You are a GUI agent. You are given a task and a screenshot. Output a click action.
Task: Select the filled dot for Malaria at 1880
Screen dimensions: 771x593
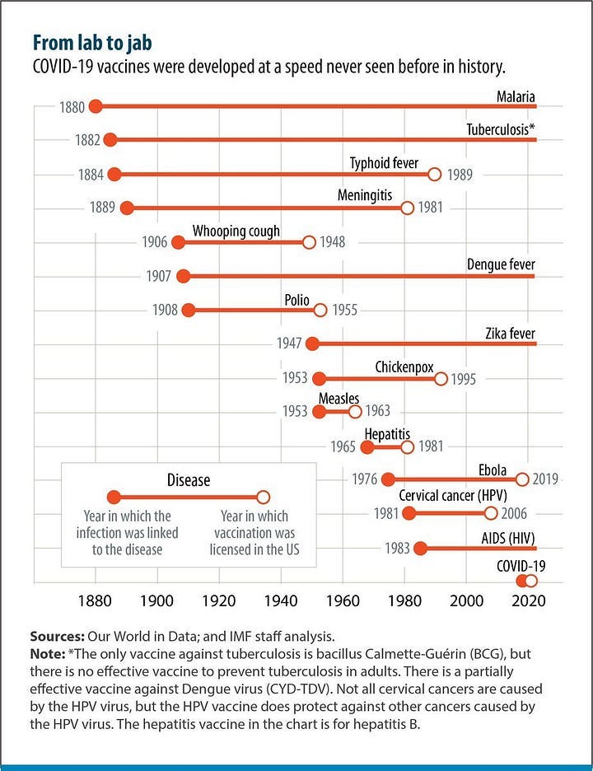click(x=96, y=106)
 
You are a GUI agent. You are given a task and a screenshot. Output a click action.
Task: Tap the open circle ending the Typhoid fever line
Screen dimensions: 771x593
click(x=435, y=175)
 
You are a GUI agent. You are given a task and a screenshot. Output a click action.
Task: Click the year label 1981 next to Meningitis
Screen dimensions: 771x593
click(x=431, y=208)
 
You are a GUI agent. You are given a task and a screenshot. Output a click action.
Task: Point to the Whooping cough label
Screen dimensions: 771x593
click(x=236, y=231)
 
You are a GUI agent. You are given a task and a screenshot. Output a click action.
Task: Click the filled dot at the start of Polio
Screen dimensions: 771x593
click(x=188, y=311)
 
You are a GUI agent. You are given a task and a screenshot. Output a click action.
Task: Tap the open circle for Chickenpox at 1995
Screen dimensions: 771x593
click(x=441, y=379)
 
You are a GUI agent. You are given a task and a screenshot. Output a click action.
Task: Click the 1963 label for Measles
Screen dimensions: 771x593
click(x=377, y=411)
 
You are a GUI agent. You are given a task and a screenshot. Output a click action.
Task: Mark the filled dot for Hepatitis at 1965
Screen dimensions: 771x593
click(x=367, y=447)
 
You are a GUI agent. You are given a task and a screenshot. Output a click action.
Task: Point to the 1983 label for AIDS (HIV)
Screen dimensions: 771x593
click(x=397, y=549)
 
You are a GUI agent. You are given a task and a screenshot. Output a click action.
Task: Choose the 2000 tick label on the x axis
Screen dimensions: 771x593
click(x=467, y=600)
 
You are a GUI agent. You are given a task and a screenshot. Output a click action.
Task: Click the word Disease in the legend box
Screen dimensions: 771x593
click(x=188, y=479)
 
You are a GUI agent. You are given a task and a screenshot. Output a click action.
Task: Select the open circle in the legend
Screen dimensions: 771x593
click(x=263, y=497)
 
